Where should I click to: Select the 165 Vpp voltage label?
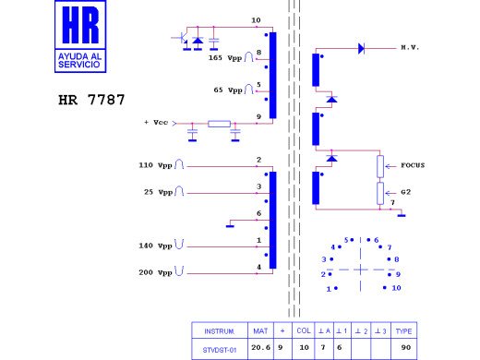tap(225, 58)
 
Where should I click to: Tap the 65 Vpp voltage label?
tap(229, 90)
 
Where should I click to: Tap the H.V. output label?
tap(410, 46)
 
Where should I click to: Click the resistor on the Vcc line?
tap(219, 123)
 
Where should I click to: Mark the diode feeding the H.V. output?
tap(362, 46)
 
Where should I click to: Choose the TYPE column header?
tap(404, 330)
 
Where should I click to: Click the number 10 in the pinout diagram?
tap(396, 288)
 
